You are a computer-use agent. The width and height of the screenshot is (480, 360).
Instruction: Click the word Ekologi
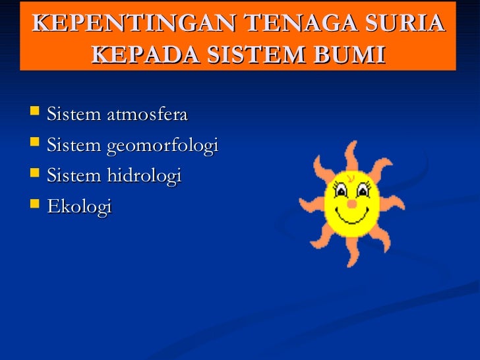click(80, 207)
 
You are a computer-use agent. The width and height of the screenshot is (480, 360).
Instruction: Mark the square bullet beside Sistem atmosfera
click(36, 115)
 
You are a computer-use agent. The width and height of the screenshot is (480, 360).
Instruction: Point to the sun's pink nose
click(352, 204)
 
